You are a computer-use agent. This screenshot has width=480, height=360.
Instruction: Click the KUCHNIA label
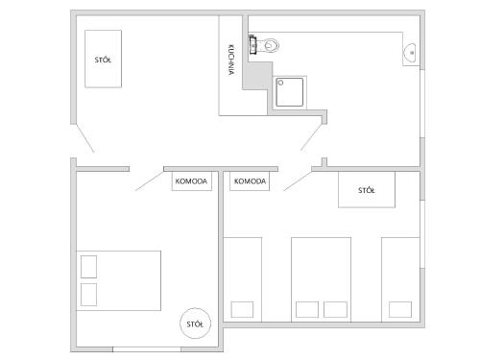pyautogui.click(x=231, y=60)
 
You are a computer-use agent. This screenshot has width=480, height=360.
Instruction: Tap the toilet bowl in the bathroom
pyautogui.click(x=271, y=46)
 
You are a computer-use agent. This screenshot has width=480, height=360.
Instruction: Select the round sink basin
pyautogui.click(x=410, y=53)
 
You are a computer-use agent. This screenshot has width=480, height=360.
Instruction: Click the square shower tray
pyautogui.click(x=290, y=92)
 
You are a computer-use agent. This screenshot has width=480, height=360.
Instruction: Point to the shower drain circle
pyautogui.click(x=280, y=83)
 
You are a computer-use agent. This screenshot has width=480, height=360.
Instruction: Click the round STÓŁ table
pyautogui.click(x=195, y=324)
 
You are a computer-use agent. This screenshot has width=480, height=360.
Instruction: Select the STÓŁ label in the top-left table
pyautogui.click(x=103, y=60)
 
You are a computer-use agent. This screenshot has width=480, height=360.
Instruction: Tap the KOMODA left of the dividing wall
pyautogui.click(x=192, y=181)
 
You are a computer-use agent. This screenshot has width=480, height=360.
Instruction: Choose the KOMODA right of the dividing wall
pyautogui.click(x=250, y=181)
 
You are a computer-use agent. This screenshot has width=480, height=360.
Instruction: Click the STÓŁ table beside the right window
pyautogui.click(x=367, y=189)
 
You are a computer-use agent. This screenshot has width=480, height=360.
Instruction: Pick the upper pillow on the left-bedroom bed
pyautogui.click(x=88, y=267)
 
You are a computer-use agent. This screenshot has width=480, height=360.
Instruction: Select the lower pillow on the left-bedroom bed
pyautogui.click(x=88, y=295)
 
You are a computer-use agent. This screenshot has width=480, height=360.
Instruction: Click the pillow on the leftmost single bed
pyautogui.click(x=242, y=309)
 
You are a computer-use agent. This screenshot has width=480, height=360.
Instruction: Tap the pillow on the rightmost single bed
pyautogui.click(x=400, y=309)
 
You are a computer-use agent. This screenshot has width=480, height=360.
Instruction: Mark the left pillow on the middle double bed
pyautogui.click(x=307, y=309)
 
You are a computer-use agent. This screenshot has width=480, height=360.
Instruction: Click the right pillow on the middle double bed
pyautogui.click(x=335, y=309)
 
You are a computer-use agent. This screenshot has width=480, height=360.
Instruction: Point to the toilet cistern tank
pyautogui.click(x=253, y=45)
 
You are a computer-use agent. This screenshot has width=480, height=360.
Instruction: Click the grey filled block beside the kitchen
pyautogui.click(x=257, y=76)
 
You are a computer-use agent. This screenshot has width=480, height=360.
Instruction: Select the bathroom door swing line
pyautogui.click(x=311, y=137)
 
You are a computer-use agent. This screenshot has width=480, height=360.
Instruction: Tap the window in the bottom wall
pyautogui.click(x=147, y=349)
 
